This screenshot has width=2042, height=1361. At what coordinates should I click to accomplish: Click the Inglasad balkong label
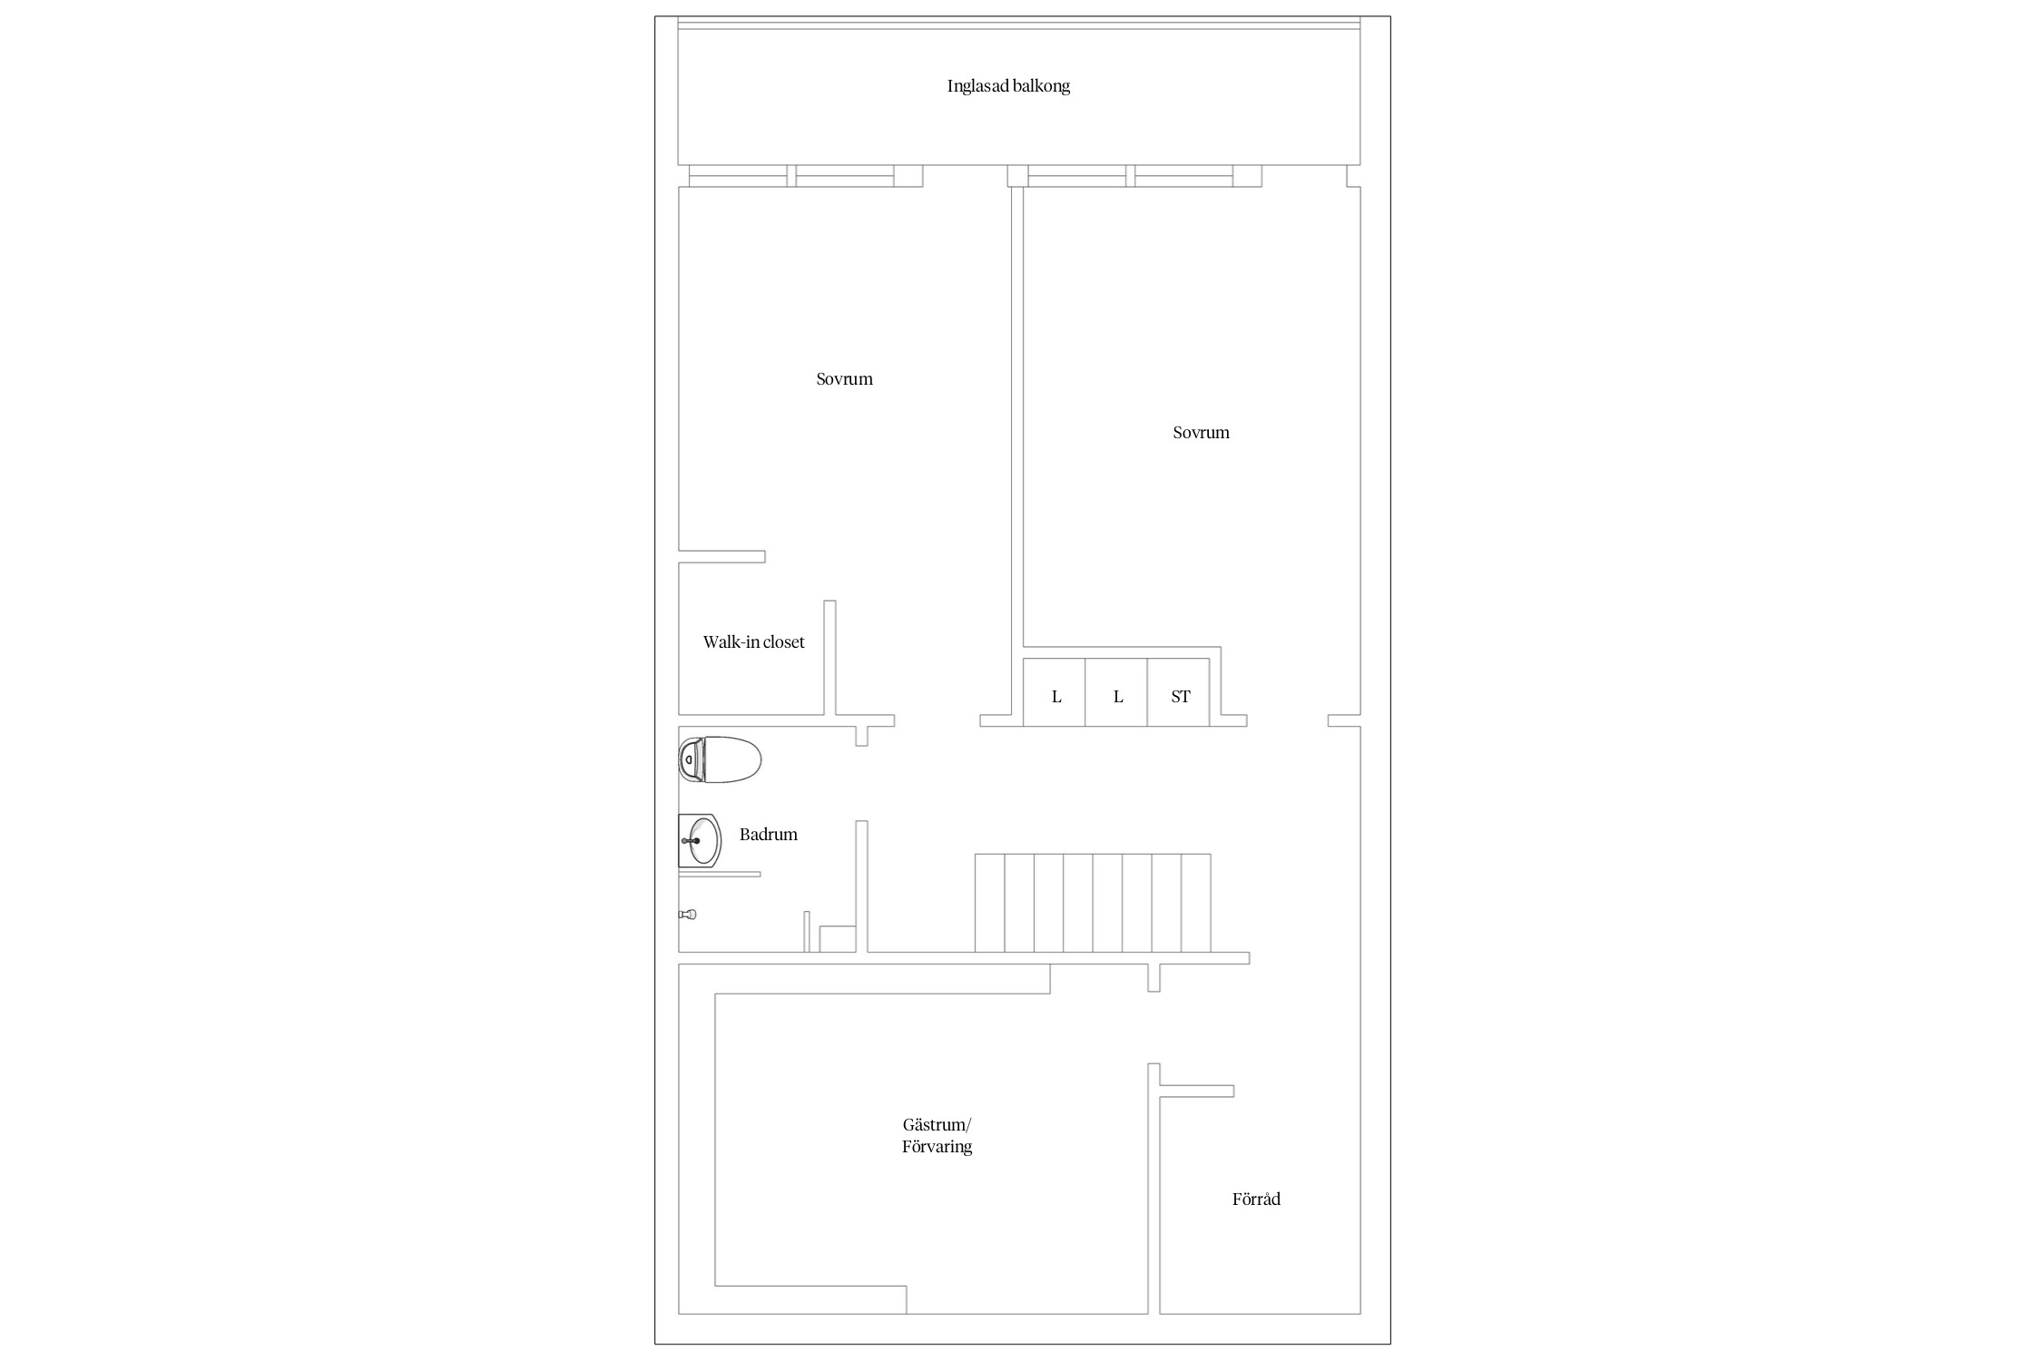[1008, 86]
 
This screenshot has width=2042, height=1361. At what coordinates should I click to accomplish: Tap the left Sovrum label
[844, 379]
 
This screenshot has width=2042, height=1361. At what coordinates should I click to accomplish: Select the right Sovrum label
[1201, 433]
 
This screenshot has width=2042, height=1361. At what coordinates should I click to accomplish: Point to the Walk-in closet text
[753, 642]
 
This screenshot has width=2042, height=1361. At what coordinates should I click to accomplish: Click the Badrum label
[768, 835]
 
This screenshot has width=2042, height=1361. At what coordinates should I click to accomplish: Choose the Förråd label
[1256, 1199]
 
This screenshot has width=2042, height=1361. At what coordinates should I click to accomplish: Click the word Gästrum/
[937, 1125]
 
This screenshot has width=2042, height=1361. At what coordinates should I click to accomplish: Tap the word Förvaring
[937, 1147]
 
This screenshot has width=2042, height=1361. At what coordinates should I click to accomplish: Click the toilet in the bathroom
[720, 759]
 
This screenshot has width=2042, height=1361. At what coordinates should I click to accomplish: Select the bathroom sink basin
[700, 841]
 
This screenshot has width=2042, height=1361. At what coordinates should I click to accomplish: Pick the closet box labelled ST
[1178, 692]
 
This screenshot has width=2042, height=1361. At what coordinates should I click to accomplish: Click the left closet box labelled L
[1055, 692]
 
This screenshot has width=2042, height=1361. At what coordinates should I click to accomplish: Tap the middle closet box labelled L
[1116, 692]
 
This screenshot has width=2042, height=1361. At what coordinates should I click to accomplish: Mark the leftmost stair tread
[990, 903]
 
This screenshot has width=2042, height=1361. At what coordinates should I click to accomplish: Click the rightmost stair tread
[1196, 903]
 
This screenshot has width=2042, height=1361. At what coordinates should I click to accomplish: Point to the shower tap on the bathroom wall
[687, 915]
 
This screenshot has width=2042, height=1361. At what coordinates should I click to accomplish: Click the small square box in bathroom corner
[838, 939]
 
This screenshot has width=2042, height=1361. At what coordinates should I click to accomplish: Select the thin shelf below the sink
[720, 874]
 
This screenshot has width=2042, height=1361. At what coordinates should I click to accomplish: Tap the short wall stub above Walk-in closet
[722, 556]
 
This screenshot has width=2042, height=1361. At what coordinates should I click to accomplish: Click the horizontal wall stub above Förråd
[1197, 1091]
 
